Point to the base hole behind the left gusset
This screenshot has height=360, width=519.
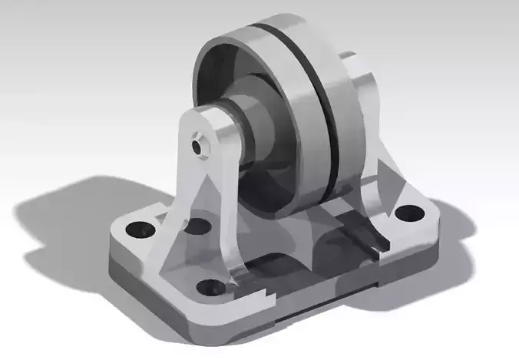pos(197,227)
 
